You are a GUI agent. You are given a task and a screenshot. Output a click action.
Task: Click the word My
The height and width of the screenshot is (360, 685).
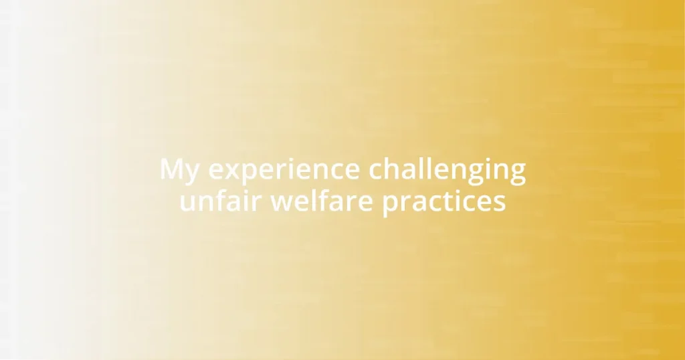[180, 171]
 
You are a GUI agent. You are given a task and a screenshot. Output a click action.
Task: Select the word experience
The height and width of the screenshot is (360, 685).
[284, 171]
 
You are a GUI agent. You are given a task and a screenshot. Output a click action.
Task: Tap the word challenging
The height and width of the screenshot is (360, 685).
[448, 171]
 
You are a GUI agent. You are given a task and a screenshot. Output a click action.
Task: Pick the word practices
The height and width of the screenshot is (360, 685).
[444, 201]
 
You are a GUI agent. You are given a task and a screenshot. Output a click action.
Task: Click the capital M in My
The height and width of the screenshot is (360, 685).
[171, 169]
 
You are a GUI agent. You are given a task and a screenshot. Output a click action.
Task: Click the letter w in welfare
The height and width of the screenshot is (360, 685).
[282, 203]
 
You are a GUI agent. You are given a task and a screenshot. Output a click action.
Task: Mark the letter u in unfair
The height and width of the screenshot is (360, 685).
[187, 203]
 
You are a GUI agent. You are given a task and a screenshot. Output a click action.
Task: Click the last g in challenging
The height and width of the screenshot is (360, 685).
[517, 174]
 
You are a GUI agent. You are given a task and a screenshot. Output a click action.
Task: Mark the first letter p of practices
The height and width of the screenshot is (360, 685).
[391, 204]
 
